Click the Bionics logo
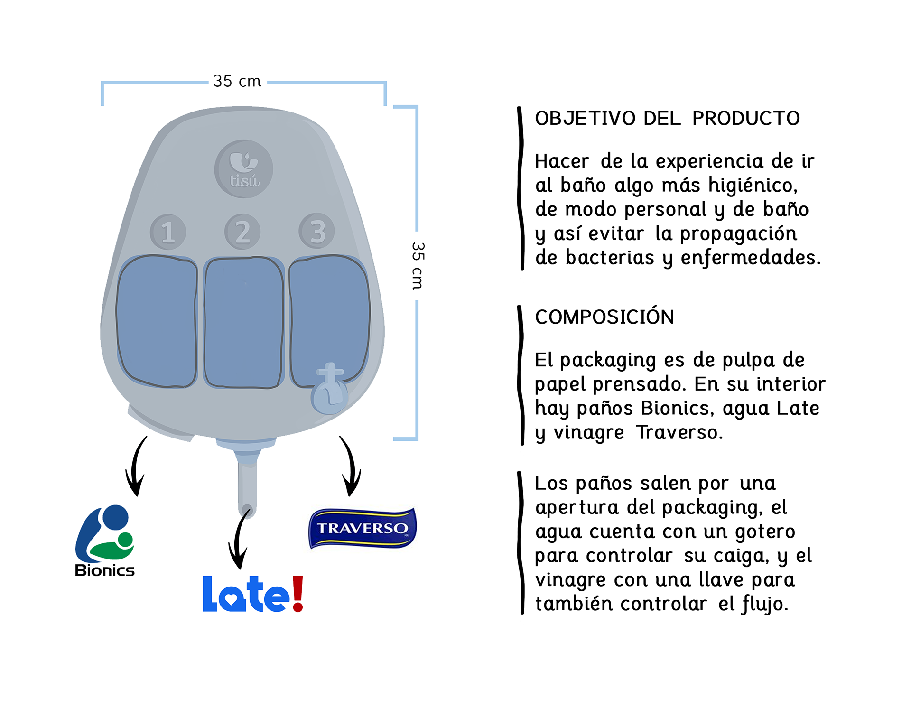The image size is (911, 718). pos(105,541)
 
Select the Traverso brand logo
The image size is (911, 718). pos(363,528)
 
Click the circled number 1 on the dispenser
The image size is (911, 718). pos(167,232)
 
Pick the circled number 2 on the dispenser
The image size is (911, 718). pos(242,232)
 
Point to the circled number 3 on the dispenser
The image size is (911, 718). pos(317,231)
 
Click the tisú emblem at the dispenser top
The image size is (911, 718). pos(244,169)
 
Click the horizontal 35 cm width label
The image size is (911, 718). pos(237,81)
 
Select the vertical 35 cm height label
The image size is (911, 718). pos(417,266)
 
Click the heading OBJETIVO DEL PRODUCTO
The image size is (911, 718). pos(667,118)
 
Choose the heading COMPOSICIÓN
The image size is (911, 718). pos(604,317)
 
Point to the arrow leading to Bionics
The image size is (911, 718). pos(135,467)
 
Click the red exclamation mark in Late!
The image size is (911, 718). pos(297,594)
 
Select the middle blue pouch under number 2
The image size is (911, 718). pos(243,322)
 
